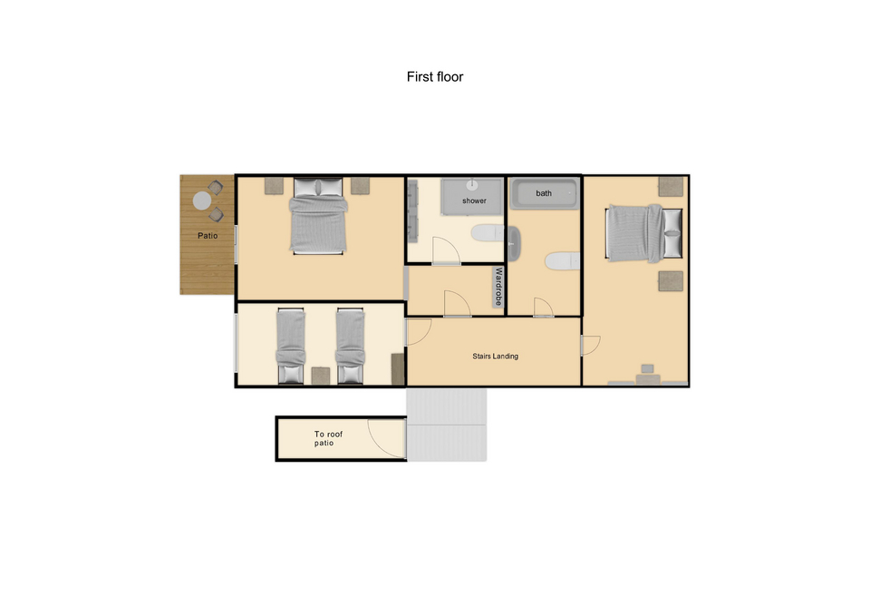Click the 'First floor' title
pyautogui.click(x=434, y=76)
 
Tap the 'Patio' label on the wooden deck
pyautogui.click(x=208, y=236)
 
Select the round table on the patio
pyautogui.click(x=202, y=200)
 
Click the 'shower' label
pyautogui.click(x=474, y=200)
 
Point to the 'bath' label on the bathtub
pyautogui.click(x=544, y=193)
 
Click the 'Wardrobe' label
pyautogui.click(x=498, y=287)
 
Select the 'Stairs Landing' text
pyautogui.click(x=495, y=356)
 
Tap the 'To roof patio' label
pyautogui.click(x=328, y=438)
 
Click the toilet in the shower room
pyautogui.click(x=488, y=233)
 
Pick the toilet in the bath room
pyautogui.click(x=562, y=261)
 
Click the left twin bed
pyautogui.click(x=291, y=346)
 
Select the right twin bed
pyautogui.click(x=350, y=346)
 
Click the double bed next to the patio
pyautogui.click(x=318, y=216)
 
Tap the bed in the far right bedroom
pyautogui.click(x=643, y=233)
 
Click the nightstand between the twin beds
pyautogui.click(x=321, y=376)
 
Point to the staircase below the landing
pyautogui.click(x=447, y=425)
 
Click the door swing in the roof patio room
pyautogui.click(x=387, y=439)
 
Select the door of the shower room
pyautogui.click(x=446, y=250)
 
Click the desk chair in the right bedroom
pyautogui.click(x=647, y=369)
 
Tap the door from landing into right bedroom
pyautogui.click(x=590, y=346)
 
